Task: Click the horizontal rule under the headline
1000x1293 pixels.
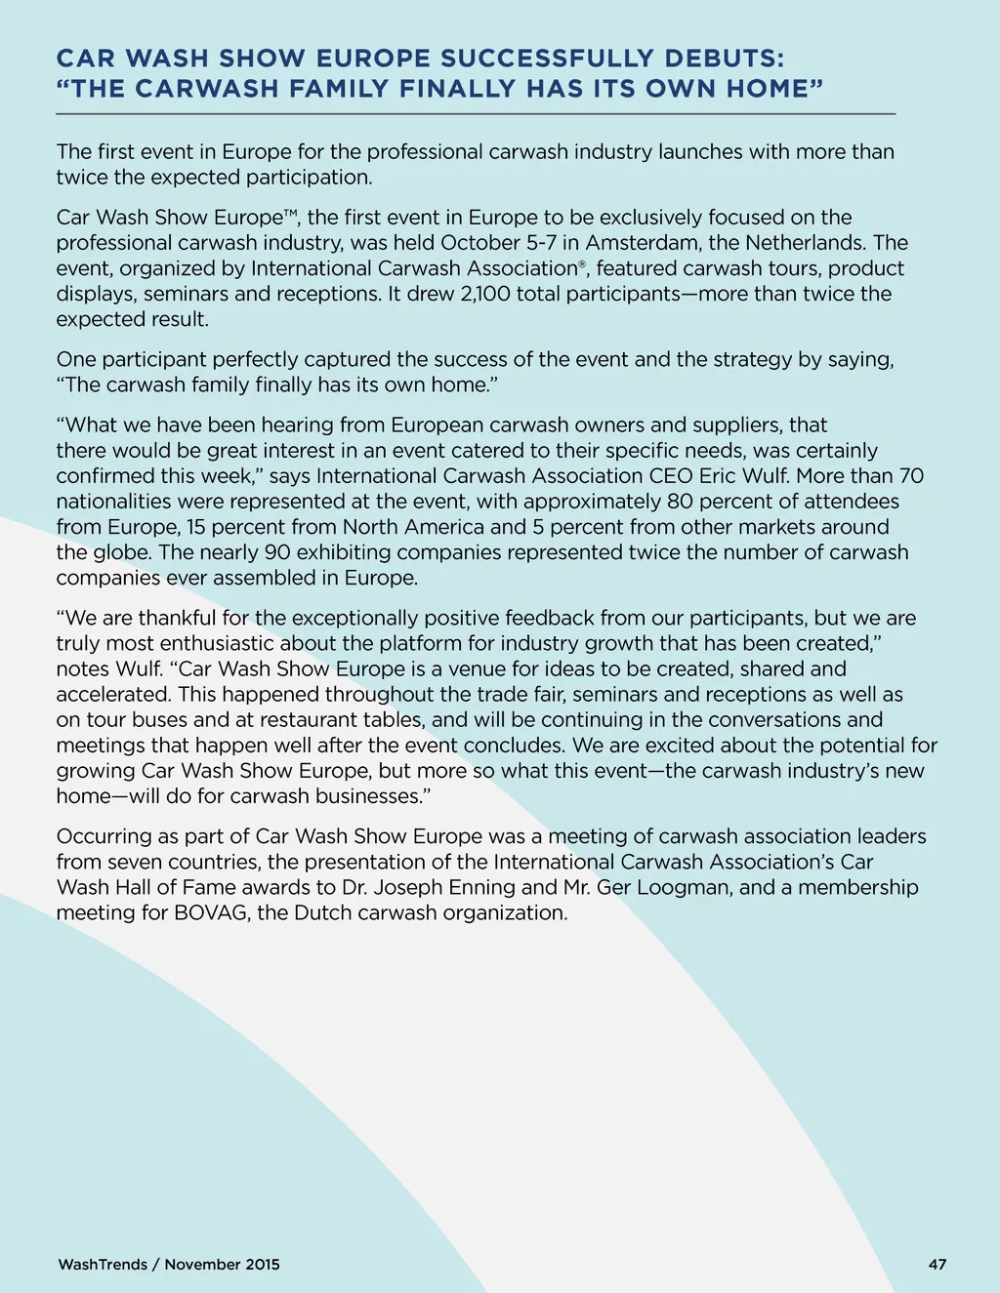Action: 476,114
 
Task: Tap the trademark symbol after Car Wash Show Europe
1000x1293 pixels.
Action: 290,213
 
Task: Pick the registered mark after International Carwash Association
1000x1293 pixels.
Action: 582,263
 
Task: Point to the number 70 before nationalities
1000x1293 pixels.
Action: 910,476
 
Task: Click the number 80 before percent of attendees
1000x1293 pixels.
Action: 680,502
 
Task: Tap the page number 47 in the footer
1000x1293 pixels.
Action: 937,1265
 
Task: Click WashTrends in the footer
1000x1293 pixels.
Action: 103,1265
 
